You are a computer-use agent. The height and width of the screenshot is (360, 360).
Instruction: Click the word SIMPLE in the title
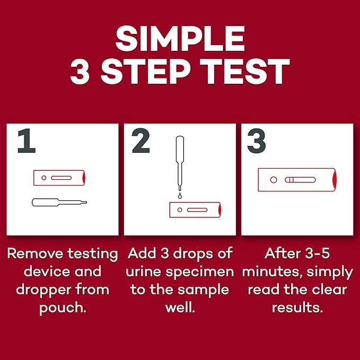180,39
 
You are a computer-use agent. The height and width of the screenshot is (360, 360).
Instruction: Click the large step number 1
27,142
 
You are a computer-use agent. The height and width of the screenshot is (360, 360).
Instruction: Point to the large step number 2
142,142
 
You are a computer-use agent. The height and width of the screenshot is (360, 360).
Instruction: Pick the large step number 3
257,142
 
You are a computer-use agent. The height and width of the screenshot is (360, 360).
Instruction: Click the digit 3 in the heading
80,72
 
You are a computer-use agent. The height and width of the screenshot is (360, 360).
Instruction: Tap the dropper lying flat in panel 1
59,202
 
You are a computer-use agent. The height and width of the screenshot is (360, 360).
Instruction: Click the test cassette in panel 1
59,178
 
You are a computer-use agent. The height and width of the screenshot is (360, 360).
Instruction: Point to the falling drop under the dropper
180,196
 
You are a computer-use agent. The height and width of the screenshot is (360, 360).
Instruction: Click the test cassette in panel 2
195,210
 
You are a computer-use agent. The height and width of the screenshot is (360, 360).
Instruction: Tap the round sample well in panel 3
274,180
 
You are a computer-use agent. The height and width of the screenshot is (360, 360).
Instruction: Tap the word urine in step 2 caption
146,271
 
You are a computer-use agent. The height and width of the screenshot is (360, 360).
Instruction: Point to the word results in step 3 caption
297,308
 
